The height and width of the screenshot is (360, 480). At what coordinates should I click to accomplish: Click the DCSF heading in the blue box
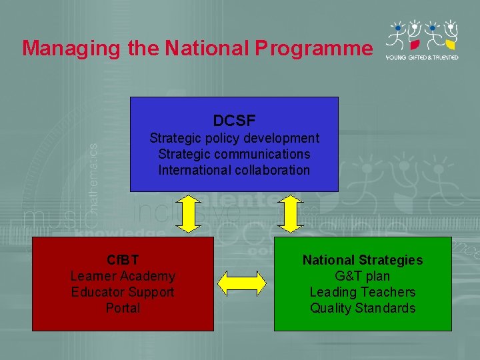[x=234, y=121]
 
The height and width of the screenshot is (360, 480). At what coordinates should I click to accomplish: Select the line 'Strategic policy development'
[x=234, y=138]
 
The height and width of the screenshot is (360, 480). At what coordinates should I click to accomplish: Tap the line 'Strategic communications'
[x=234, y=154]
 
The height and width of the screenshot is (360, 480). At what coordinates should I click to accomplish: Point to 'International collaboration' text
[x=234, y=170]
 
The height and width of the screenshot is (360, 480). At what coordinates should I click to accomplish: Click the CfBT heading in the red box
[x=123, y=260]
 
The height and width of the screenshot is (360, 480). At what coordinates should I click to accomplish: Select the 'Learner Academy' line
[x=123, y=276]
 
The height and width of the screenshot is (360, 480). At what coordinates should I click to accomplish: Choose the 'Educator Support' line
[x=123, y=292]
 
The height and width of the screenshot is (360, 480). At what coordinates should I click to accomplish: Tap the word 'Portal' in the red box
[x=123, y=308]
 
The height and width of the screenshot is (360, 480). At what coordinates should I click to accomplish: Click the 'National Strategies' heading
[x=363, y=260]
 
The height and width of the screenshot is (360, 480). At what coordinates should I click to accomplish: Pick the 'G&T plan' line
[x=363, y=276]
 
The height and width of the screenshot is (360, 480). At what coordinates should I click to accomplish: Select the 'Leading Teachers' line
[x=363, y=292]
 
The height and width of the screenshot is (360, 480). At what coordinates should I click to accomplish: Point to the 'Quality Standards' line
[x=363, y=308]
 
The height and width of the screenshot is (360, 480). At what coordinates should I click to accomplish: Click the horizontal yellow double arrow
[x=243, y=283]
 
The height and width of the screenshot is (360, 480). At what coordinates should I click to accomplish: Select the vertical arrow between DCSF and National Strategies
[x=290, y=214]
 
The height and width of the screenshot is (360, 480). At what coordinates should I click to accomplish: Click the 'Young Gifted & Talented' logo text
[x=421, y=58]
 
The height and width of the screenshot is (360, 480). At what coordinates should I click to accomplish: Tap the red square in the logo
[x=414, y=45]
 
